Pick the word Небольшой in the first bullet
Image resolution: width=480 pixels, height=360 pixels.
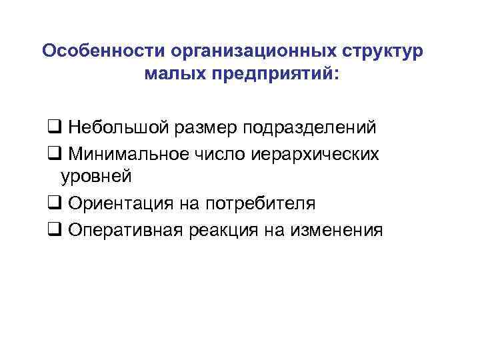[111, 127]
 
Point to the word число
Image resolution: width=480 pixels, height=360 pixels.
[223, 153]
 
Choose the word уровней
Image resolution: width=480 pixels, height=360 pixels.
[97, 177]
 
